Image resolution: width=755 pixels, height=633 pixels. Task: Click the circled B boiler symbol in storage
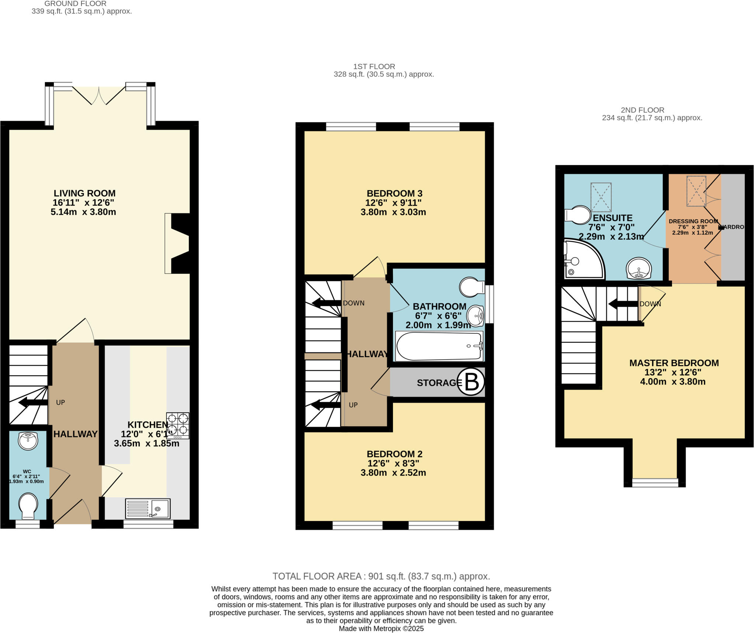[x=471, y=382]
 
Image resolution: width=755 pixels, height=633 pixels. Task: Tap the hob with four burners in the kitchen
[x=178, y=426]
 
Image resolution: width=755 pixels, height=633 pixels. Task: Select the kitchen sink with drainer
[x=148, y=509]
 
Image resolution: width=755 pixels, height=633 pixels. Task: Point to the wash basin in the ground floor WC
[x=28, y=441]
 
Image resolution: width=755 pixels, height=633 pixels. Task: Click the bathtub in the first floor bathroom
[x=439, y=346]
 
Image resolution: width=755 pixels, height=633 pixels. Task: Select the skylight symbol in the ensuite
[x=601, y=197]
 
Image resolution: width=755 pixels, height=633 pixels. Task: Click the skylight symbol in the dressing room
[x=696, y=191]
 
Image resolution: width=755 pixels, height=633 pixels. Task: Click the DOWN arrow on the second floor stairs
[x=623, y=304]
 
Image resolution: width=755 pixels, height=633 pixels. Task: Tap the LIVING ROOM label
[x=84, y=193]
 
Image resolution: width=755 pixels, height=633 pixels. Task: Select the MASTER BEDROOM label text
[x=674, y=363]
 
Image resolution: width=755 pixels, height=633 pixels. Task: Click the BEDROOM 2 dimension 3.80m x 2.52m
[x=393, y=473]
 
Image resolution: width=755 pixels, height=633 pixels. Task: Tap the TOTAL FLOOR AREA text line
[x=381, y=576]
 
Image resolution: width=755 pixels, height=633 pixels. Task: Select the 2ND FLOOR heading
[x=642, y=110]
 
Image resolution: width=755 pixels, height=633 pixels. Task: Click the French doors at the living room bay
[x=99, y=95]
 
